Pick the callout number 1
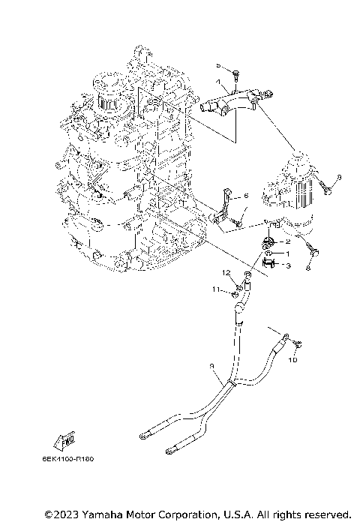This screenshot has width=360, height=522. tap(287, 254)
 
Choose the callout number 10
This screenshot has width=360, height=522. tap(293, 359)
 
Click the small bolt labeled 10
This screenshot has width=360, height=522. tap(297, 343)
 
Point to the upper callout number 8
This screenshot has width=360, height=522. tap(337, 176)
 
